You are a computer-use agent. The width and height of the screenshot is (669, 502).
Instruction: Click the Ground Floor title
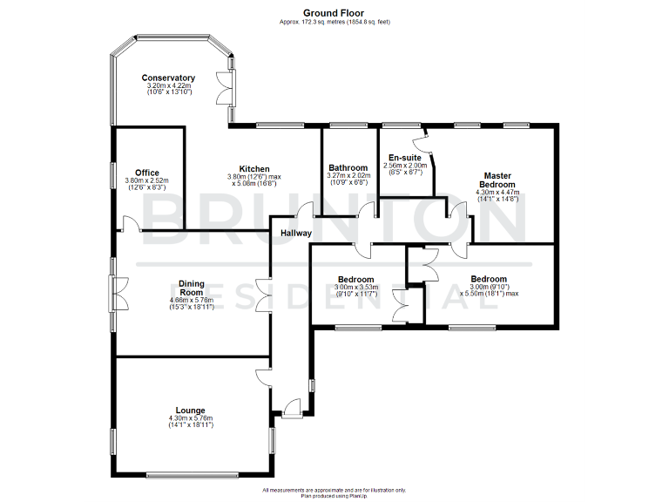(x=334, y=13)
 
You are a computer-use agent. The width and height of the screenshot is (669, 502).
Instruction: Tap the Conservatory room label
(x=169, y=78)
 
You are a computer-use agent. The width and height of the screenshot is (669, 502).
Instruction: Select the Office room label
(x=147, y=173)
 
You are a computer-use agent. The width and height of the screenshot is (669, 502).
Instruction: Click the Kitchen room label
(x=254, y=169)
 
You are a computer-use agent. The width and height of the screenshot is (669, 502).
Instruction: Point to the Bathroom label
(x=347, y=168)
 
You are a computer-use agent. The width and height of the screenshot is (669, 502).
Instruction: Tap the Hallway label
(x=296, y=234)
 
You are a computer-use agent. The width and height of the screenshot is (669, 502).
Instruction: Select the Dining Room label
(x=191, y=288)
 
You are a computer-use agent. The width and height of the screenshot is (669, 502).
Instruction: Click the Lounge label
(x=190, y=410)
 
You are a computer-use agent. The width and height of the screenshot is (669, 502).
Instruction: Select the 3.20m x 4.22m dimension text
(x=169, y=86)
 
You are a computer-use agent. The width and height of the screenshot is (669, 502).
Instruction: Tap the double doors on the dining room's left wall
(x=115, y=293)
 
